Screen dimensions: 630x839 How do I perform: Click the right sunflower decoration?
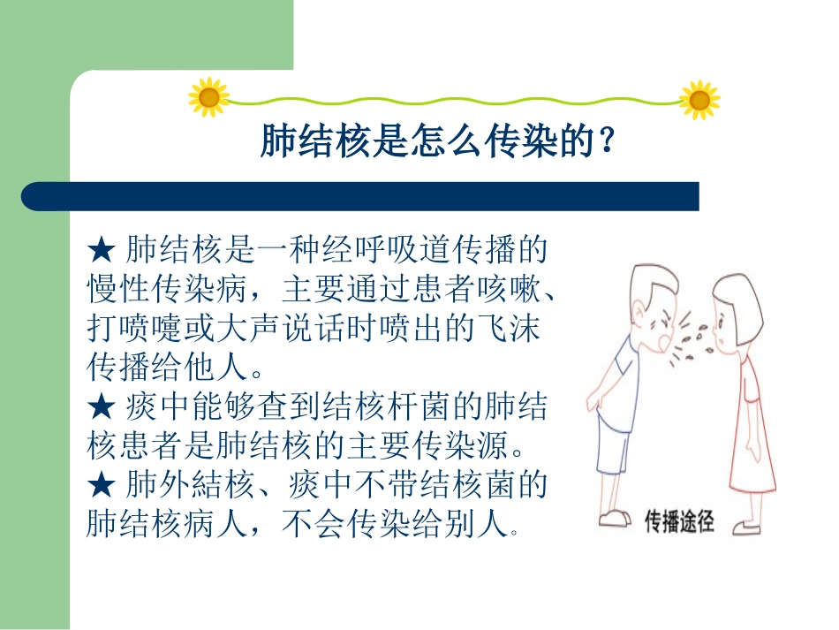coord(699,100)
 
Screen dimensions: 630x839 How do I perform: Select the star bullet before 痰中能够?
coord(102,408)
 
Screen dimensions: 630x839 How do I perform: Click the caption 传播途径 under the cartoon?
coord(679,522)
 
